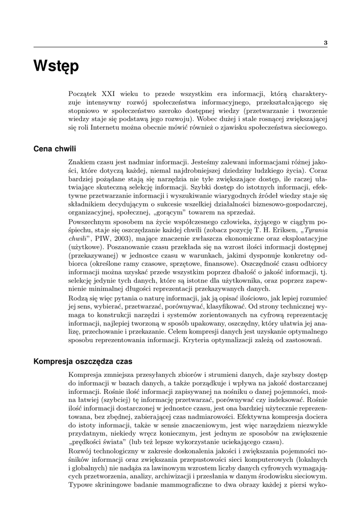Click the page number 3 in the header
[325, 42]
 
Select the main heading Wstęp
[56, 66]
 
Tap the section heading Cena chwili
[55, 149]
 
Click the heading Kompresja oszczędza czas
[83, 362]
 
